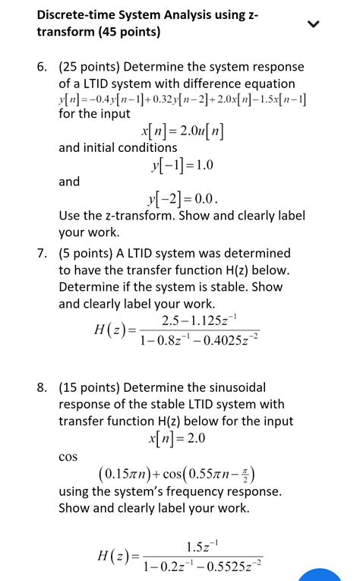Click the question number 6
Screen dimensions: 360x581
click(x=43, y=67)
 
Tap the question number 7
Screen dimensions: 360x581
click(x=43, y=253)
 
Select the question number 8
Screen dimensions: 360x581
click(x=43, y=387)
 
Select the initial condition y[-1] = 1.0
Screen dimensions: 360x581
click(x=183, y=165)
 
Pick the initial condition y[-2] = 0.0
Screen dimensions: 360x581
click(x=186, y=199)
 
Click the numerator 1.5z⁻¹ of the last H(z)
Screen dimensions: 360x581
click(x=203, y=547)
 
